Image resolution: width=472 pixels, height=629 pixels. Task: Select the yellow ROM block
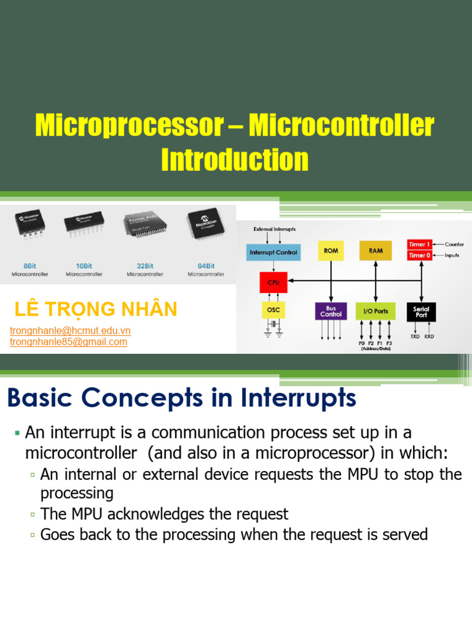coord(331,251)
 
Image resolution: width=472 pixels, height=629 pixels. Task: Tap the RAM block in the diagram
coord(376,251)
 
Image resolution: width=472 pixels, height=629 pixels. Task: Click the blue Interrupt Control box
coord(273,252)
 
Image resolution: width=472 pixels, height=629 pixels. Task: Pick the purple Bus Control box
coord(331,310)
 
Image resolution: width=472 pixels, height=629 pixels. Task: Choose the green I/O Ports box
coord(376,311)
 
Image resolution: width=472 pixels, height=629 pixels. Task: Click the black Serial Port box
coord(421,311)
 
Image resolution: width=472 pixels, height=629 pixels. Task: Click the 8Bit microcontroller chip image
coord(29,226)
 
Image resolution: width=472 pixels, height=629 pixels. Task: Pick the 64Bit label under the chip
coord(206,266)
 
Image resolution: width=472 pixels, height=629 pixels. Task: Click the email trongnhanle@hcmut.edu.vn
coord(70,330)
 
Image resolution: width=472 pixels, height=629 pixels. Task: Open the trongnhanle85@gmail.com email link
coord(69,342)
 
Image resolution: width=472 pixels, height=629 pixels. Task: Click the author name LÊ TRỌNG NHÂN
coord(95,309)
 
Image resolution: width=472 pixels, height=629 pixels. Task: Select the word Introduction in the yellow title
coord(235,160)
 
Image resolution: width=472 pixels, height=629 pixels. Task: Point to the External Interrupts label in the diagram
coord(275,229)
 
